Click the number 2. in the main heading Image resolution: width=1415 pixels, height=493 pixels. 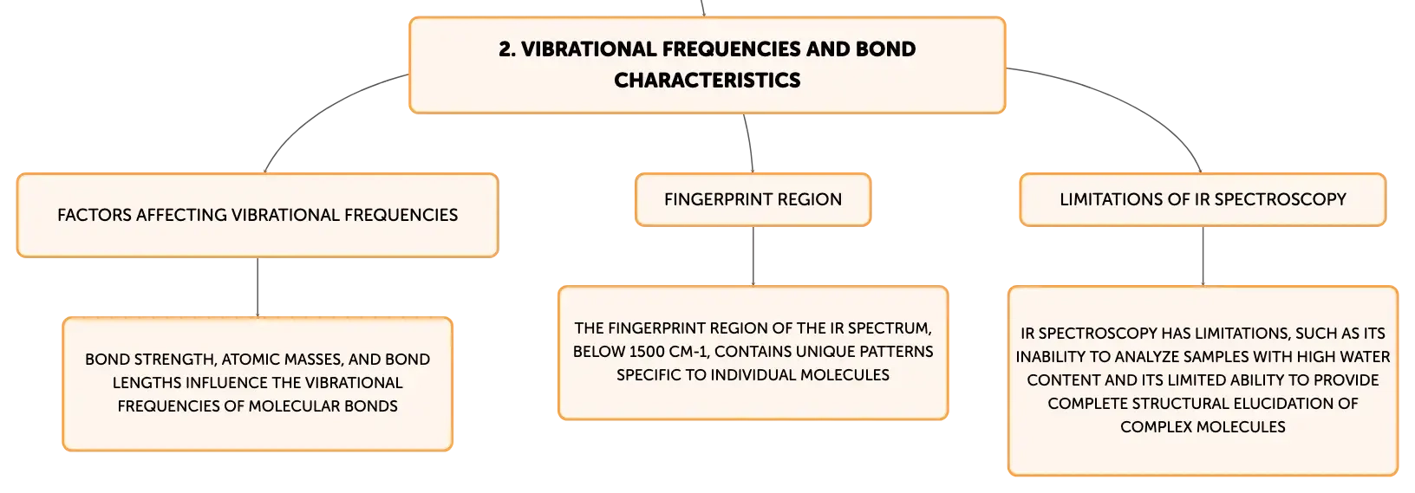pos(506,49)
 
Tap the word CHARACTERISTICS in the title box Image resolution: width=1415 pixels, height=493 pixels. pos(707,81)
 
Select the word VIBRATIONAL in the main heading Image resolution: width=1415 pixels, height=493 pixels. pos(589,49)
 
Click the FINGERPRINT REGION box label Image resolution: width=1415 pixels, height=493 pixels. pos(753,199)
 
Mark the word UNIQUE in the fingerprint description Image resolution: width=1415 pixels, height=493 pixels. pos(825,352)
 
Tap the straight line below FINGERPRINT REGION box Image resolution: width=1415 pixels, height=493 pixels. pos(753,256)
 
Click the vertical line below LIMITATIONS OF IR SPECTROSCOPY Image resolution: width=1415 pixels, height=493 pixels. pos(1203,256)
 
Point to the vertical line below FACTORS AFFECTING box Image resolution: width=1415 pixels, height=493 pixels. pos(258,287)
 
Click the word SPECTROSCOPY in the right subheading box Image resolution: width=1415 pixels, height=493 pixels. pos(1281,199)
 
